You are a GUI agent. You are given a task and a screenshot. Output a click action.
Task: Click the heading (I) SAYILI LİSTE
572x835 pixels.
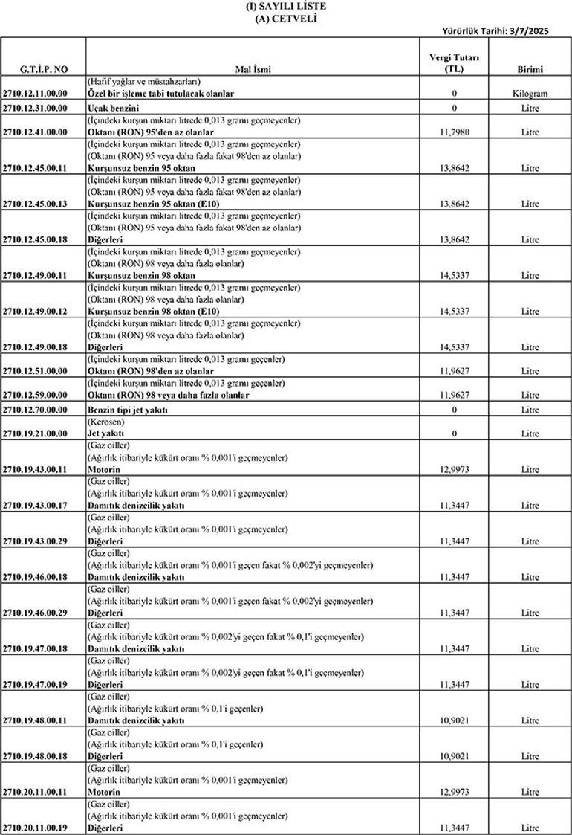tap(285, 6)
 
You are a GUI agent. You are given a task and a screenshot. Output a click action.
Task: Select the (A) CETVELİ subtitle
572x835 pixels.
tap(285, 18)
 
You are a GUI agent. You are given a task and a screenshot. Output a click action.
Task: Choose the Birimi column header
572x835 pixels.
tap(530, 69)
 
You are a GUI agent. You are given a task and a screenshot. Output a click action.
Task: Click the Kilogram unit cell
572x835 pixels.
tap(530, 94)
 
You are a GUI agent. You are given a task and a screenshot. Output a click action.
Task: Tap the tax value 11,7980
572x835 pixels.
tap(454, 132)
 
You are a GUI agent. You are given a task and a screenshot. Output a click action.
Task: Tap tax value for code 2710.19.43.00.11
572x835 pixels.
tap(454, 469)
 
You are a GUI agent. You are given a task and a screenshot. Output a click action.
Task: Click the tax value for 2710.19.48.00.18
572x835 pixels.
tap(454, 756)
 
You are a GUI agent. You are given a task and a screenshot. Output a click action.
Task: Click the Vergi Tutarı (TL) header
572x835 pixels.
tap(454, 62)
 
